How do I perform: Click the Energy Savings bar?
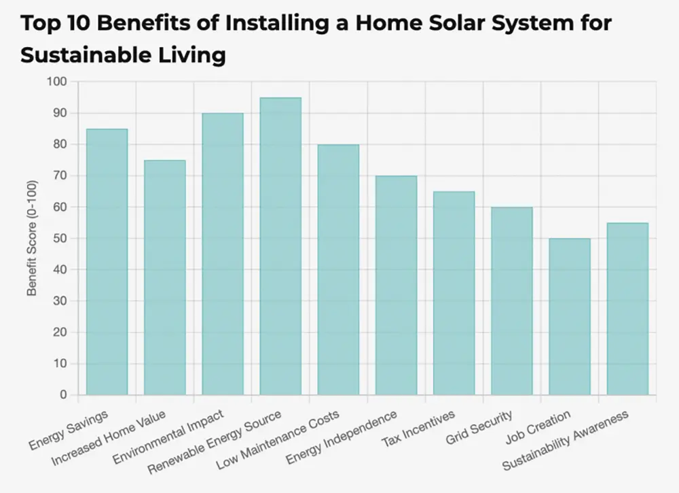pyautogui.click(x=107, y=262)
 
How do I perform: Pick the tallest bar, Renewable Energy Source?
pyautogui.click(x=280, y=246)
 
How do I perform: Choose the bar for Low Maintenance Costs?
pyautogui.click(x=338, y=269)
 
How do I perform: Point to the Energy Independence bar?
pyautogui.click(x=396, y=285)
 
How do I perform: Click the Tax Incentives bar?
pyautogui.click(x=454, y=293)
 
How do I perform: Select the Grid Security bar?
pyautogui.click(x=512, y=301)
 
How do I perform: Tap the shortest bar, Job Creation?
pyautogui.click(x=570, y=316)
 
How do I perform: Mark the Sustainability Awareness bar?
pyautogui.click(x=627, y=309)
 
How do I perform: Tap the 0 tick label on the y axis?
pyautogui.click(x=64, y=395)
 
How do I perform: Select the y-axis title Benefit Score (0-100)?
pyautogui.click(x=31, y=239)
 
